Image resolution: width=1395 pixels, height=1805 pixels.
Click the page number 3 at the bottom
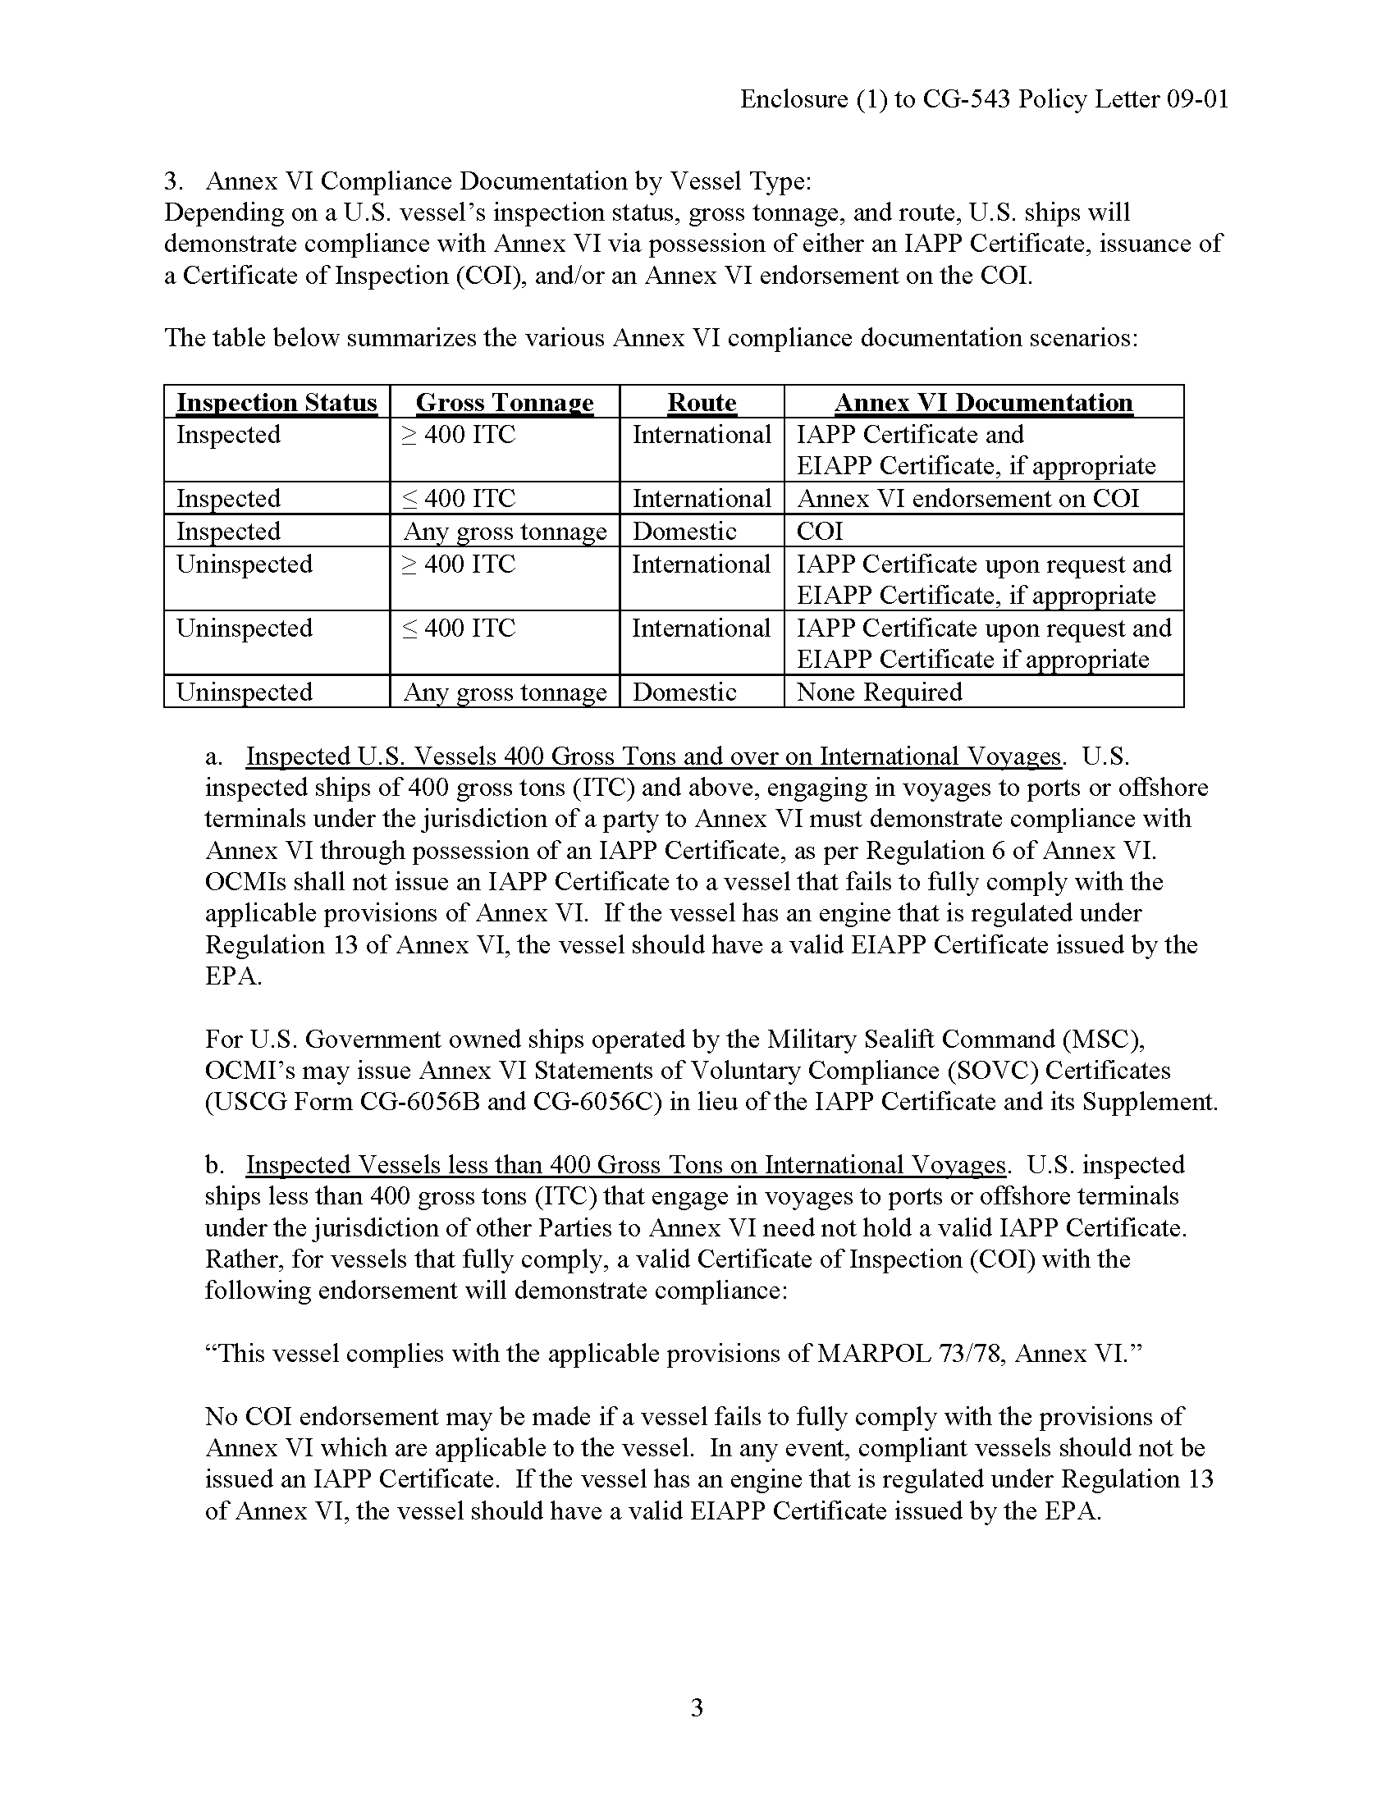697,1707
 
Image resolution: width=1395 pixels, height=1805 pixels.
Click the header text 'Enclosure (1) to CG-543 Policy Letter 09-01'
983,99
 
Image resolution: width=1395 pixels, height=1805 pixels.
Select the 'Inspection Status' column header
277,403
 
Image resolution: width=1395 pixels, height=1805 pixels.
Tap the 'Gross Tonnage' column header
504,403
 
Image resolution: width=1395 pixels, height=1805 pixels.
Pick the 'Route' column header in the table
702,403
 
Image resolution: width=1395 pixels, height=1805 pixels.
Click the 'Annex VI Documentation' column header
983,403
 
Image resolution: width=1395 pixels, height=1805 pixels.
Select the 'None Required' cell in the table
880,692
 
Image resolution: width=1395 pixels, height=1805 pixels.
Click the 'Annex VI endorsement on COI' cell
967,498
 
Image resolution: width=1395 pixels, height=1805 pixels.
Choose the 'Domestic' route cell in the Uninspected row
684,692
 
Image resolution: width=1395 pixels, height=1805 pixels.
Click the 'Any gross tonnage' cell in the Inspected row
505,531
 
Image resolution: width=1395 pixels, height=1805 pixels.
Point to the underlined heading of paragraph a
653,756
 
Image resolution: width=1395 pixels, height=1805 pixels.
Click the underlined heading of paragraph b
625,1164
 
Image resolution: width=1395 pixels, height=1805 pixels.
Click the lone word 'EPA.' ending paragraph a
234,976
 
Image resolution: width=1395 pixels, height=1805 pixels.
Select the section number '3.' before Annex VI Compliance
172,181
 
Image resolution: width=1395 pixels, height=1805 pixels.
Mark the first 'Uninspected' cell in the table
245,564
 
